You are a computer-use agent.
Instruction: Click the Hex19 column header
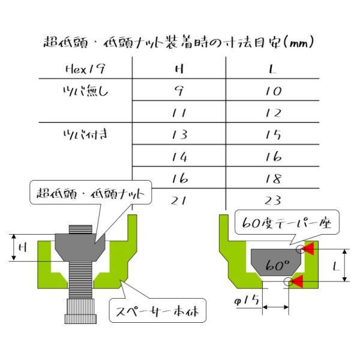[x=85, y=69]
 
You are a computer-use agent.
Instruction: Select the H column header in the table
[x=179, y=68]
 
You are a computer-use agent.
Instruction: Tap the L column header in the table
[x=272, y=68]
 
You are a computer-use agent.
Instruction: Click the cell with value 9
[x=179, y=91]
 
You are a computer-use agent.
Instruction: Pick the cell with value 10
[x=273, y=91]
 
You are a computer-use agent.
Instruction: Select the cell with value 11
[x=179, y=113]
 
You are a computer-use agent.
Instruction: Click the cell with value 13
[x=180, y=135]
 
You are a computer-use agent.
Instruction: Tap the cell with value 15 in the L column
[x=273, y=135]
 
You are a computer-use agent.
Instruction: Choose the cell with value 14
[x=180, y=157]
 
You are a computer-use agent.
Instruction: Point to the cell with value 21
[x=179, y=200]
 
